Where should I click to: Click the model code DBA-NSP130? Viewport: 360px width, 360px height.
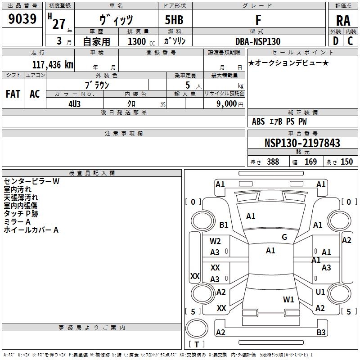tap(257, 41)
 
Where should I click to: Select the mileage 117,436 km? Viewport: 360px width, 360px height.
tap(52, 64)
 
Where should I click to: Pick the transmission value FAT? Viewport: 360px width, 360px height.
tap(13, 94)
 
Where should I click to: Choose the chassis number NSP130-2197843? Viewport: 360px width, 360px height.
tap(302, 143)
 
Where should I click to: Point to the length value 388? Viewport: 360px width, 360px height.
tap(273, 162)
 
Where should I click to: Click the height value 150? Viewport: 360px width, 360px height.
tap(346, 162)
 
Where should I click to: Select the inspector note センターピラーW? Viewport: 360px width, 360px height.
tap(31, 181)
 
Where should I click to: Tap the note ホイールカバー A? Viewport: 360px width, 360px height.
tap(31, 230)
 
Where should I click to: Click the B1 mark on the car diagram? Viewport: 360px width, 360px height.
tap(224, 225)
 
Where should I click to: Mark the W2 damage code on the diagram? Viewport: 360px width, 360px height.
tap(215, 241)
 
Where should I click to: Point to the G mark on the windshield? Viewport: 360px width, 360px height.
tap(284, 237)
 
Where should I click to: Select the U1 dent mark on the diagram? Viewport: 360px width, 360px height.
tap(320, 292)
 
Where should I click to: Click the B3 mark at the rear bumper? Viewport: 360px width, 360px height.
tap(321, 333)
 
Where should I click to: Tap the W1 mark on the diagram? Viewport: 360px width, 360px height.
tap(288, 299)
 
